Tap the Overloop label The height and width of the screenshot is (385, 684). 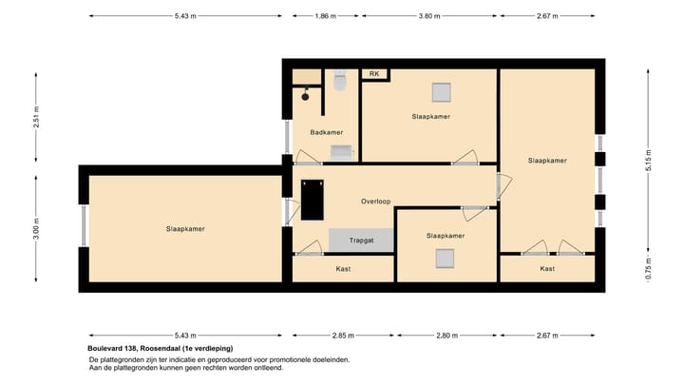tap(376, 202)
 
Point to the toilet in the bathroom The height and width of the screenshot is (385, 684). tap(340, 83)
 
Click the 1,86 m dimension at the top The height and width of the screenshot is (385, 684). tap(326, 16)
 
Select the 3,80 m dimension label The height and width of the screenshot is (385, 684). tap(430, 16)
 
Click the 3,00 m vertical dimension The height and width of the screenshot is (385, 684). tap(36, 228)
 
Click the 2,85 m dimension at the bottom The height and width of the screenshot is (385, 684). tap(343, 335)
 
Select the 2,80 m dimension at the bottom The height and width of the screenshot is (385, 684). tap(446, 335)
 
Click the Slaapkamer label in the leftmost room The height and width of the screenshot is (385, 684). tap(185, 228)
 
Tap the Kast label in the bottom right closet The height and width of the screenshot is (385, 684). tap(547, 269)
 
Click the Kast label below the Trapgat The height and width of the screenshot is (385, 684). tap(343, 269)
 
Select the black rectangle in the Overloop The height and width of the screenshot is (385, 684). tap(312, 200)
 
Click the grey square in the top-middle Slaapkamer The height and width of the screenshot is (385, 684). tap(441, 92)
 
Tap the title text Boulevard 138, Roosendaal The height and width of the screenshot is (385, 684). tap(160, 349)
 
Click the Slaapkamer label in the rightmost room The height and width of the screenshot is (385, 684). tap(547, 161)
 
